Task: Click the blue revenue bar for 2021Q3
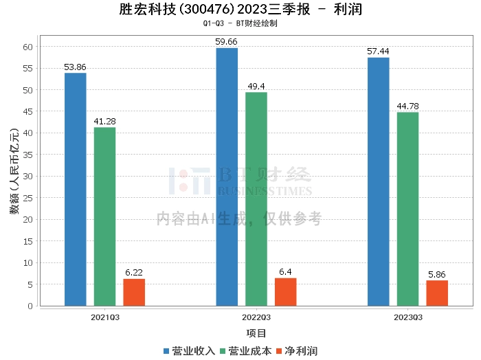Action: [76, 189]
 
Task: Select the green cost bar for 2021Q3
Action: [104, 216]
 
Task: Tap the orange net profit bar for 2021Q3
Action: [134, 292]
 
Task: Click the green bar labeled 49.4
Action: [256, 199]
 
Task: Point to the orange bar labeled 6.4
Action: [286, 292]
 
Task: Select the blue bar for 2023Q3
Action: [379, 181]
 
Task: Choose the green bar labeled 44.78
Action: [407, 209]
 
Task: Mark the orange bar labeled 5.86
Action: [437, 293]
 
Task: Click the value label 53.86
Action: [76, 67]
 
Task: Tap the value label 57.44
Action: [379, 52]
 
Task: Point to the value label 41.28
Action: [104, 122]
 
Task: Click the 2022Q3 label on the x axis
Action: [256, 317]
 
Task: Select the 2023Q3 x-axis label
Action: [407, 317]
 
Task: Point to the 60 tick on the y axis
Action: [28, 47]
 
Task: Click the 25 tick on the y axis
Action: [28, 198]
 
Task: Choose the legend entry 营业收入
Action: [190, 351]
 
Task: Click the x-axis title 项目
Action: [256, 333]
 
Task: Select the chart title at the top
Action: [240, 10]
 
